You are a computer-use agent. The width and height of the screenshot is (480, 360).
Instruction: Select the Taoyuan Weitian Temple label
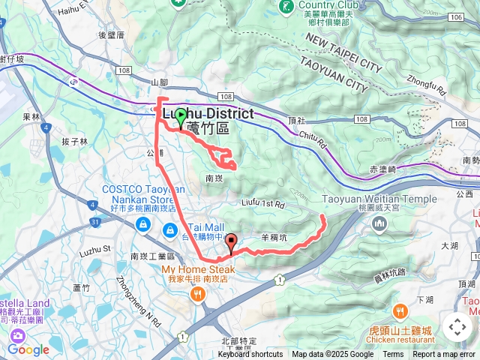pos(379,199)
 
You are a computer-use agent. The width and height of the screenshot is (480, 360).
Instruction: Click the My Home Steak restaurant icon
pos(197,294)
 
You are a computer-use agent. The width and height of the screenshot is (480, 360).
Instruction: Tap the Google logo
pos(28,349)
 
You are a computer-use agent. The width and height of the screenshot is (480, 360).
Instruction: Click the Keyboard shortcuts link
pos(250,355)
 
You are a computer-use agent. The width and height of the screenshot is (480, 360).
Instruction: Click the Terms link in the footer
pos(393,355)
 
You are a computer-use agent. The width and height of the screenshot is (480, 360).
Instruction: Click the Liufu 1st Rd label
pos(263,203)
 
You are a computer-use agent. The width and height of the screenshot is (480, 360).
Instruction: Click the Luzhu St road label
pos(96,247)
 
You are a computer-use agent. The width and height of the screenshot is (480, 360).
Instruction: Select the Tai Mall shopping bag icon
pos(170,228)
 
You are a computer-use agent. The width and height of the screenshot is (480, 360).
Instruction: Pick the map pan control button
pos(457,327)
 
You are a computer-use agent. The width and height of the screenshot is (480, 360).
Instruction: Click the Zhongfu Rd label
pos(427,82)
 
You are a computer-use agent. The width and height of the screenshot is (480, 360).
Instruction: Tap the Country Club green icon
pos(286,7)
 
